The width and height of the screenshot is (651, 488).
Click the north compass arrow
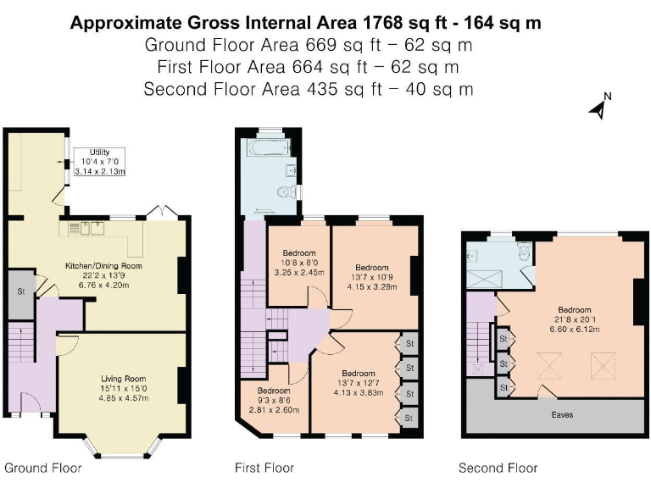pyautogui.click(x=599, y=108)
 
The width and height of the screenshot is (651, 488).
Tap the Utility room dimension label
pyautogui.click(x=100, y=162)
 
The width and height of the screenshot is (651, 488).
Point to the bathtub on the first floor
pyautogui.click(x=268, y=147)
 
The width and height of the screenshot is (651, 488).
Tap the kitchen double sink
pyautogui.click(x=92, y=228)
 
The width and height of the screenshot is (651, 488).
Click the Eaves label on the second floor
pyautogui.click(x=562, y=414)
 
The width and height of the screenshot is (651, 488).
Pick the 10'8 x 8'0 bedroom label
pyautogui.click(x=299, y=263)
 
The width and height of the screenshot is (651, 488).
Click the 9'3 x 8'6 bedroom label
pyautogui.click(x=274, y=400)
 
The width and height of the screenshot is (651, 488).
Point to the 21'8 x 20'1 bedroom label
pyautogui.click(x=575, y=319)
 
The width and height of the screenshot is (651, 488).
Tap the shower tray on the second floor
pyautogui.click(x=484, y=279)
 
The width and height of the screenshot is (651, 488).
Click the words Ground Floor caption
pyautogui.click(x=42, y=468)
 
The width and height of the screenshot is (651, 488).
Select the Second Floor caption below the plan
pyautogui.click(x=498, y=468)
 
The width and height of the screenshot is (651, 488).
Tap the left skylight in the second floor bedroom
pyautogui.click(x=549, y=366)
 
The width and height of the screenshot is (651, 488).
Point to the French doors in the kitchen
pyautogui.click(x=165, y=212)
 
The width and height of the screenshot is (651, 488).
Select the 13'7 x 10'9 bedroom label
pyautogui.click(x=371, y=277)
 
